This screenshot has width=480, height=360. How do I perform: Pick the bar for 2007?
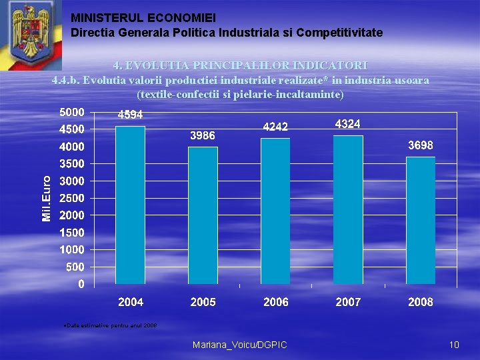348,210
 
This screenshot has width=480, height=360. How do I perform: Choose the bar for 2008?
421,221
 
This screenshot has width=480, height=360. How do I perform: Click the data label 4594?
131,115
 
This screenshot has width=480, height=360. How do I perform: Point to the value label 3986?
203,135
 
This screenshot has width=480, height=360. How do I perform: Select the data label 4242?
275,127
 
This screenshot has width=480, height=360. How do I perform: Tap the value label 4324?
348,124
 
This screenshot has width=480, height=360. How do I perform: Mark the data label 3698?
421,145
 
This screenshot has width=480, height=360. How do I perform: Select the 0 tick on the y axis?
81,285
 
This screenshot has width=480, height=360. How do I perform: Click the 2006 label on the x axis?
276,302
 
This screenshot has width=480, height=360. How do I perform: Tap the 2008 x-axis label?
421,302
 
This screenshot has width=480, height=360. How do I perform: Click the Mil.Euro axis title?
47,198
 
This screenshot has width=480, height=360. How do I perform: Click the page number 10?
454,345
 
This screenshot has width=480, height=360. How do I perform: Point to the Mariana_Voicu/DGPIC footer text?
239,345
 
